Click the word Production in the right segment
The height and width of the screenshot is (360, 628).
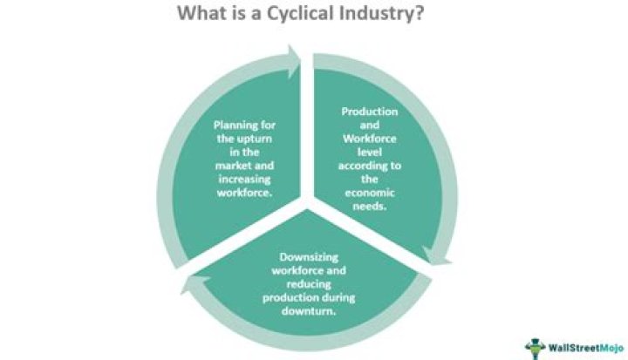pos(370,112)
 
